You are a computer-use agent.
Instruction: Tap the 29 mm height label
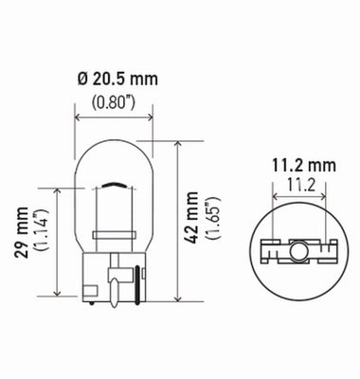click(x=22, y=243)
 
